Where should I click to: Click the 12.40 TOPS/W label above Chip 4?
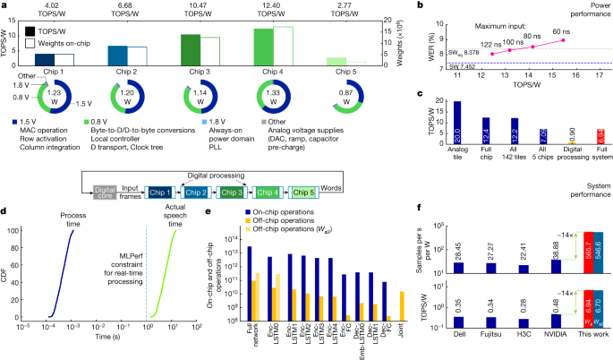point(273,12)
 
